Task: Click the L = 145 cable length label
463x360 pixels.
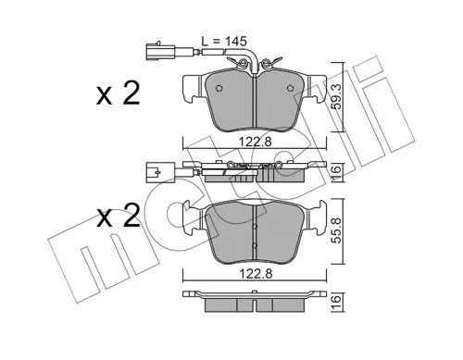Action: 224,41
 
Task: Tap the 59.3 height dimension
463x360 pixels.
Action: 337,97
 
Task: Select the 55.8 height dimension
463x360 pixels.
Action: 337,230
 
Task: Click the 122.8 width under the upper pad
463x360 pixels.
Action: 255,142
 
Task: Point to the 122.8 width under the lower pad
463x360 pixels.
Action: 255,273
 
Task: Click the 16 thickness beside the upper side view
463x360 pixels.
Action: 337,169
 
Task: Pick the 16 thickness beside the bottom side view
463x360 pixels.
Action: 337,299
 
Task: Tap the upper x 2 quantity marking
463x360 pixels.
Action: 118,93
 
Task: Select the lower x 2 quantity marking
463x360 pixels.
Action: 118,216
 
